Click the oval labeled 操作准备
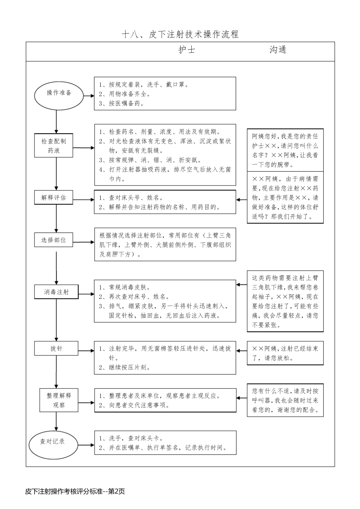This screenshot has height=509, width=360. click(x=59, y=93)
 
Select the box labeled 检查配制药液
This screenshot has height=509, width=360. click(x=53, y=146)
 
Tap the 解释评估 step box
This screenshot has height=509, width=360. click(x=53, y=197)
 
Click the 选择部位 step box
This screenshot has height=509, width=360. click(x=53, y=240)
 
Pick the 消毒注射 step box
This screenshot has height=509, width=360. click(x=56, y=292)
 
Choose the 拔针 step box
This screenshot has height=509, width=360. click(x=56, y=348)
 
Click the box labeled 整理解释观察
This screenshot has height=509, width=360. click(x=59, y=400)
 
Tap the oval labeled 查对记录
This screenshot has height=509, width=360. click(x=53, y=442)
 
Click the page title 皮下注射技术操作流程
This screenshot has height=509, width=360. click(x=180, y=34)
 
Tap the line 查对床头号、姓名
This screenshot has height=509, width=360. click(x=132, y=198)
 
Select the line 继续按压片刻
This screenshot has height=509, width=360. click(x=125, y=367)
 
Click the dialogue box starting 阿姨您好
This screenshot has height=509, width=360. click(x=285, y=150)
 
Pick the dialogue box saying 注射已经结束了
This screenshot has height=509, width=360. click(x=285, y=353)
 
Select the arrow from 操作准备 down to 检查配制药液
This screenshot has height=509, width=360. click(x=56, y=121)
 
